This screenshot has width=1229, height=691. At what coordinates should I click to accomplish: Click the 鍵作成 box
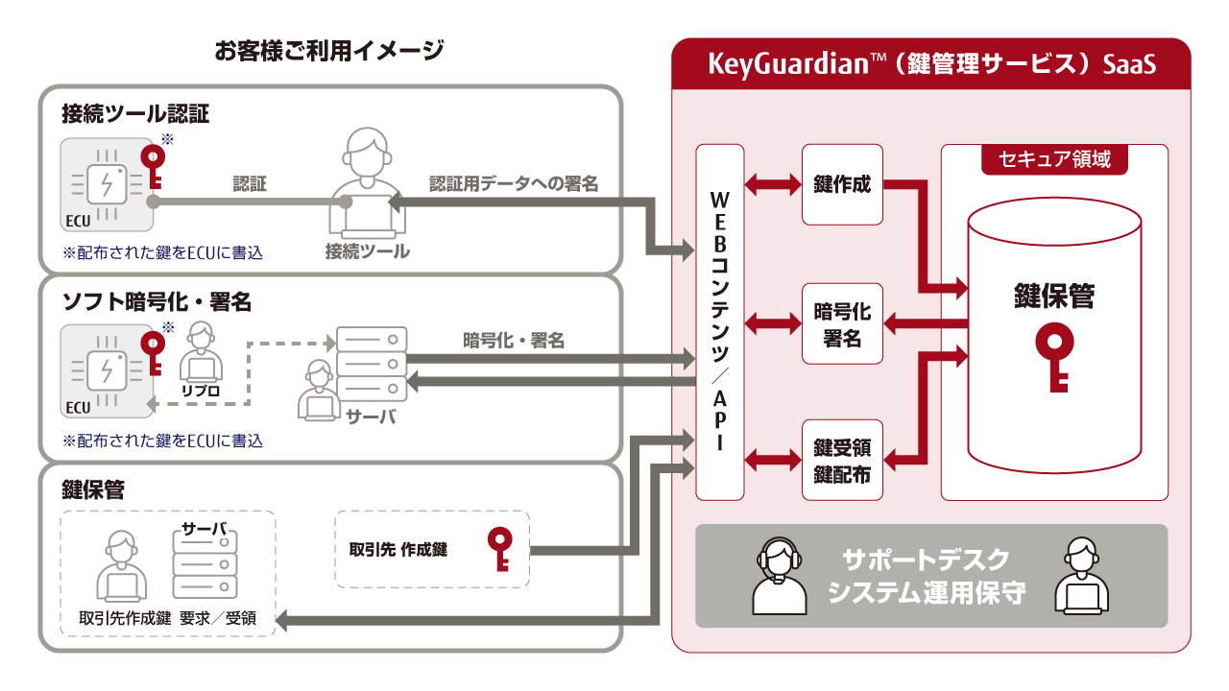point(842,184)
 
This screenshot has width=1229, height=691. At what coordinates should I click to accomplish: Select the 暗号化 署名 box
point(842,323)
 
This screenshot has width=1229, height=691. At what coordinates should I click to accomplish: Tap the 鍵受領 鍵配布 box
point(842,460)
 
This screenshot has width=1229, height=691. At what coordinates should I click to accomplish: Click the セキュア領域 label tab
point(1054,159)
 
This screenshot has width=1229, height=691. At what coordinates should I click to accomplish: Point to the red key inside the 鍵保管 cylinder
point(1054,357)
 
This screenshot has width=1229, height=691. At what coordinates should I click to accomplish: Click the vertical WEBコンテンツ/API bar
point(720,322)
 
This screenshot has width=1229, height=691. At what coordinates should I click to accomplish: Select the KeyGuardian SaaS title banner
point(931,63)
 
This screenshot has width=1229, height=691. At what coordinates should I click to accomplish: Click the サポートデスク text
point(926,560)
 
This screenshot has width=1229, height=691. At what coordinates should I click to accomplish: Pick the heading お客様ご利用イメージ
point(328,51)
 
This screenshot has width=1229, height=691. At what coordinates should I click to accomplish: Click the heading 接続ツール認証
point(135,113)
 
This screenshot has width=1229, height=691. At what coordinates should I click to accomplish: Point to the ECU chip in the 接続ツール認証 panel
point(107,184)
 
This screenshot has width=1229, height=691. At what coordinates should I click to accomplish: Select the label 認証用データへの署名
point(514,183)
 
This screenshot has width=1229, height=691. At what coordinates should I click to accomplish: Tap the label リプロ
point(201,391)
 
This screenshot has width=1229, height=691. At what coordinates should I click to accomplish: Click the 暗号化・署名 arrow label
point(514,341)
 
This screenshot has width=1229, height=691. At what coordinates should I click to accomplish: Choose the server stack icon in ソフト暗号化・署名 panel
point(372,364)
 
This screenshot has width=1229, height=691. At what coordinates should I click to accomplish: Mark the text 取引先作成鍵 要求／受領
point(167,618)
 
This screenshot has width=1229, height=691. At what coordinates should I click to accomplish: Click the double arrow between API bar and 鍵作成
point(773,184)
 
